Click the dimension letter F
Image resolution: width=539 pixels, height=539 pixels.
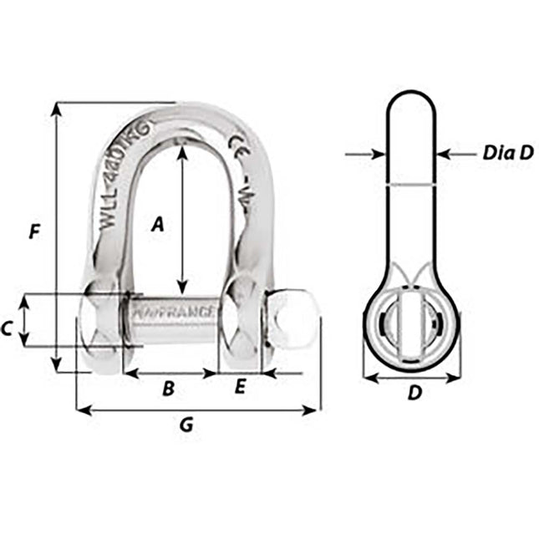click(33, 231)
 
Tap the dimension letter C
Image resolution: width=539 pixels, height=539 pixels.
click(8, 329)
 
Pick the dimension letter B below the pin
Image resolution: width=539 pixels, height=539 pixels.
click(168, 389)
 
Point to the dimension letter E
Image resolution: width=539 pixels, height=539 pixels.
click(240, 386)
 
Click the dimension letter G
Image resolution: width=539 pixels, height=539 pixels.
click(186, 425)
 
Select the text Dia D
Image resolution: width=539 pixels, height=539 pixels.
click(508, 154)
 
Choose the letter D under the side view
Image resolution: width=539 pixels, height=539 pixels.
click(413, 393)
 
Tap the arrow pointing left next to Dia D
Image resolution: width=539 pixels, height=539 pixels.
click(446, 154)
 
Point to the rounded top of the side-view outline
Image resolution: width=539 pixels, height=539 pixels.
click(410, 94)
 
